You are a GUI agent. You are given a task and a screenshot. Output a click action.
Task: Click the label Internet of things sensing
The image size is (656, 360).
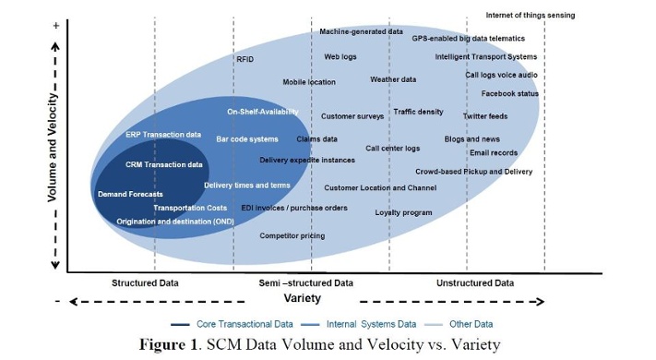530,16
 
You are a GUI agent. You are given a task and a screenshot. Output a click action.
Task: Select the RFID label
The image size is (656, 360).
245,59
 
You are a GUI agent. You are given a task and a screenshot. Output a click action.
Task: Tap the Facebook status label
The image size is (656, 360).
510,93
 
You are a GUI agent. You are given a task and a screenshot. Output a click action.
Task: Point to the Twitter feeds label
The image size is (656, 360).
485,116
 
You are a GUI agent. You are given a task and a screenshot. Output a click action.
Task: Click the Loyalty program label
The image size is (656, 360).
403,212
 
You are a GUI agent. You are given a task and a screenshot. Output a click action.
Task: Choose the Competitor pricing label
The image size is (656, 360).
292,235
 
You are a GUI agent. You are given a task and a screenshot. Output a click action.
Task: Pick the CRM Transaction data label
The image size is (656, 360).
164,164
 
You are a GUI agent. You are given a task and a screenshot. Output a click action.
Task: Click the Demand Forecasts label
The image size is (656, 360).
130,194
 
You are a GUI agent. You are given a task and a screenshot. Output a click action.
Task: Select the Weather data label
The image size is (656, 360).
393,79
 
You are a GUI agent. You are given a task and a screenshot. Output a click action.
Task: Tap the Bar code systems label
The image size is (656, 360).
247,139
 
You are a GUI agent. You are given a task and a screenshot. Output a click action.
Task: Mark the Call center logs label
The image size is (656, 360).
392,148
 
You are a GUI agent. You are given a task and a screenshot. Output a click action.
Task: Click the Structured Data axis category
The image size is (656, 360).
145,282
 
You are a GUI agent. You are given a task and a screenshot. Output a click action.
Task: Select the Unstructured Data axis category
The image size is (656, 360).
474,282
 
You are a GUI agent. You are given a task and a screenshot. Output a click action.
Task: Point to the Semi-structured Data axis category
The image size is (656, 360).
306,282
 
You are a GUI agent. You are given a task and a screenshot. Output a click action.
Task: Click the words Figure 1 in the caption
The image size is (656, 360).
170,344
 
